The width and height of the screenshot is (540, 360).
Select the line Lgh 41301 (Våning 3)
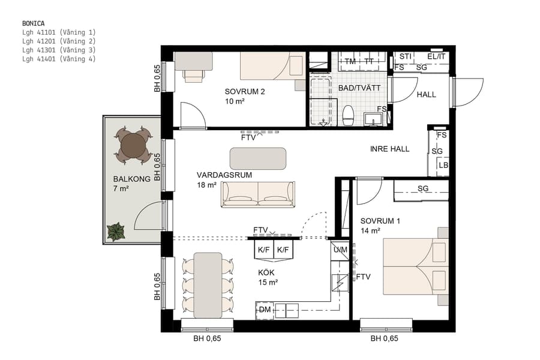point(58,50)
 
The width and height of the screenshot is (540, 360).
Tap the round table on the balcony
point(133,145)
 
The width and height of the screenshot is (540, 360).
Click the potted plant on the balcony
point(115,232)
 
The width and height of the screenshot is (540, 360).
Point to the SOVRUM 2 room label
point(245,92)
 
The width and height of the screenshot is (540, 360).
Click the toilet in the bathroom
point(347,115)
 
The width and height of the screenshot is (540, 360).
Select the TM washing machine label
point(350,62)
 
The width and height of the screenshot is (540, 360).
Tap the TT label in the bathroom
point(369,62)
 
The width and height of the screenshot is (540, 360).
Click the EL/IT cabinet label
point(436,56)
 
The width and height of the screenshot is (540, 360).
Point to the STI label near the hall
point(406,56)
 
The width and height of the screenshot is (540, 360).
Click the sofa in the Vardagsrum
point(258,194)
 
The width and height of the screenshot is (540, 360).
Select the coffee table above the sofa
point(258,158)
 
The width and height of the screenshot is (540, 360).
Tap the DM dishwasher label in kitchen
point(265,310)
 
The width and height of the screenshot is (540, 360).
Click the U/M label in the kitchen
point(340,250)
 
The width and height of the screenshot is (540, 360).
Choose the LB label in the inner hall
point(443,166)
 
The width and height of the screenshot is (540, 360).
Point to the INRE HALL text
point(390,149)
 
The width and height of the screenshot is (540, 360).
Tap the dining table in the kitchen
point(208,284)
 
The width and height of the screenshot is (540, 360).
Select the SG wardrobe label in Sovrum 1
point(423,189)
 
